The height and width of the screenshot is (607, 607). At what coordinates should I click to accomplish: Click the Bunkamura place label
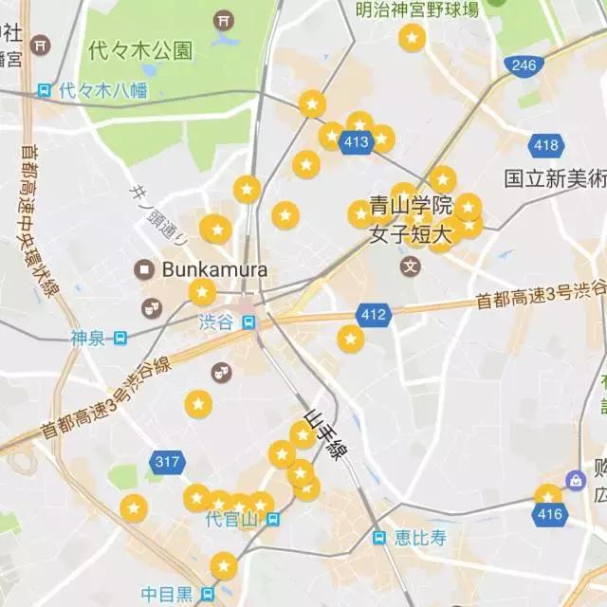(214, 269)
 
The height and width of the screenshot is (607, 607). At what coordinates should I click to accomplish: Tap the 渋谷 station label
(215, 322)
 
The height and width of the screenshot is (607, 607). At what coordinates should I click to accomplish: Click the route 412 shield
(375, 314)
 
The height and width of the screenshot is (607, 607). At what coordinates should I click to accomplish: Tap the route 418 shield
(546, 145)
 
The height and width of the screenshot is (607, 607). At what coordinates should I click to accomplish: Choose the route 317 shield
(166, 462)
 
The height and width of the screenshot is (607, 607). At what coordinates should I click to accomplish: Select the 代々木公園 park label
(140, 49)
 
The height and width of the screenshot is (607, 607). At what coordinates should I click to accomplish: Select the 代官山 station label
(231, 519)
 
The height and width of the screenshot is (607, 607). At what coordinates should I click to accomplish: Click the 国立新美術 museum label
(554, 177)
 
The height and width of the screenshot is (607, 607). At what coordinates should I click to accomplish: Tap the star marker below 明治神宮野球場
(412, 39)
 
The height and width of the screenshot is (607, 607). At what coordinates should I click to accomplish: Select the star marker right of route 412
(351, 339)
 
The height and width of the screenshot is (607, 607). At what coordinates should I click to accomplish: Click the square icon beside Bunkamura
(145, 269)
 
